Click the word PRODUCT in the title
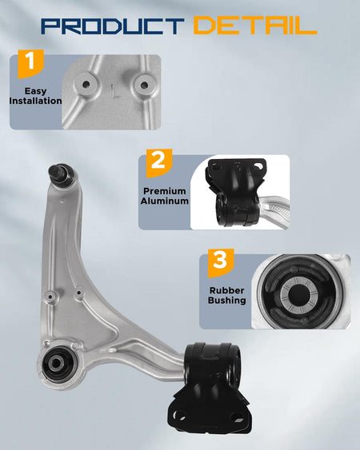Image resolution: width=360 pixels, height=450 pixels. pyautogui.click(x=112, y=26)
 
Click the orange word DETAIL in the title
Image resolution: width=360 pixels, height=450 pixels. pyautogui.click(x=255, y=26)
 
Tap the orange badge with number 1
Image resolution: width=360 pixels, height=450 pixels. pyautogui.click(x=30, y=63)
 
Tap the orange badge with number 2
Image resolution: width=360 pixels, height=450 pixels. pyautogui.click(x=159, y=163)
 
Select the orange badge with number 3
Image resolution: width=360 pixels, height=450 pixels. pyautogui.click(x=221, y=263)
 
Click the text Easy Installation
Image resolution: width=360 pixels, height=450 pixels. pyautogui.click(x=35, y=96)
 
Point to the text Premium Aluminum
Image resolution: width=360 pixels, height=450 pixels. pyautogui.click(x=164, y=196)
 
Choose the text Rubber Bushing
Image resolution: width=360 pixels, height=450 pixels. pyautogui.click(x=226, y=295)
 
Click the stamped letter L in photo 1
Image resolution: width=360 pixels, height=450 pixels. pyautogui.click(x=115, y=91)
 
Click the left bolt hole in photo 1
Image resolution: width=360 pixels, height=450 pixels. pyautogui.click(x=86, y=85)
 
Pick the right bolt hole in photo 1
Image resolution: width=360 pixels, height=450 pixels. pyautogui.click(x=145, y=85)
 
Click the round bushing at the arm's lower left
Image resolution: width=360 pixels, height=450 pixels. pyautogui.click(x=57, y=364)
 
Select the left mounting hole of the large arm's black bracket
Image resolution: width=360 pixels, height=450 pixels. pyautogui.click(x=180, y=415)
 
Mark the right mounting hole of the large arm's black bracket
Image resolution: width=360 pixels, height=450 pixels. pyautogui.click(x=238, y=417)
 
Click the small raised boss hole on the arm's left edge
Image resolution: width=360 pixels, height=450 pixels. pyautogui.click(x=50, y=297)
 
